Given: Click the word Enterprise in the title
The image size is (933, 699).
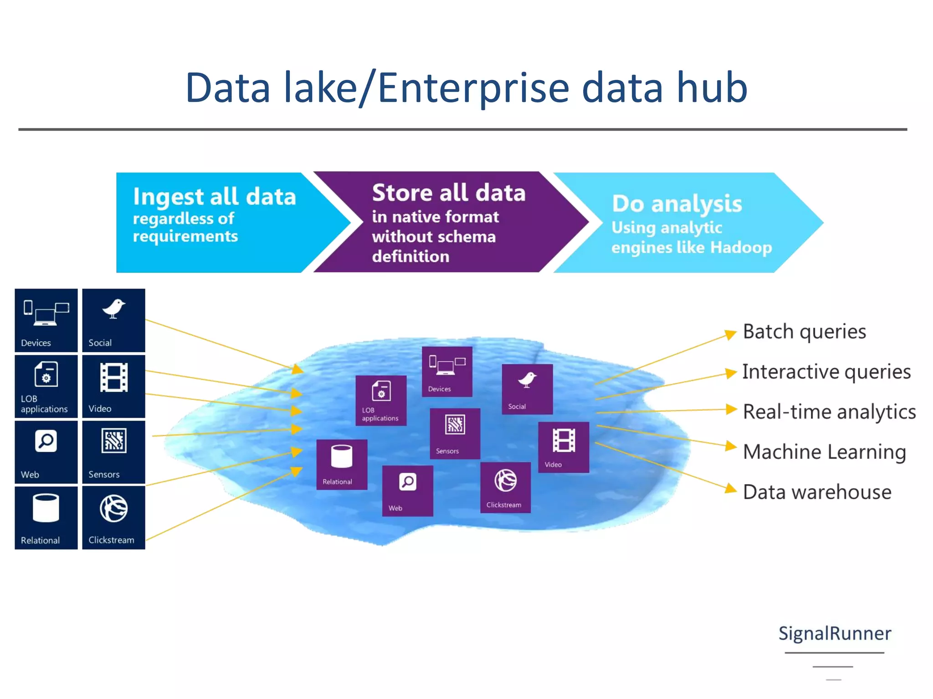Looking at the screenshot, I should click(474, 87).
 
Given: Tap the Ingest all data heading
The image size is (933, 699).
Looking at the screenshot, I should click(214, 197).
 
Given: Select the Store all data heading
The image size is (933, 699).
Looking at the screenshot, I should click(449, 192).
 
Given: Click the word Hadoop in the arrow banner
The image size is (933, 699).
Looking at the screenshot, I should click(741, 247).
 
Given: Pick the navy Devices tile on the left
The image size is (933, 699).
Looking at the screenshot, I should click(46, 320).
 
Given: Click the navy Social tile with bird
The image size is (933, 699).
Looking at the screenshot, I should click(113, 320).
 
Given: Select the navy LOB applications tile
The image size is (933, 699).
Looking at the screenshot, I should click(46, 386).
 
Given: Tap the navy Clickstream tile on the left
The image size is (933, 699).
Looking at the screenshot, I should click(113, 517).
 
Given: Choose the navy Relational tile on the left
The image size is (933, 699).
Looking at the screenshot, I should click(46, 517).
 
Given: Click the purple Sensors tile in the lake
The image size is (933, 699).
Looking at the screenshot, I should click(455, 433).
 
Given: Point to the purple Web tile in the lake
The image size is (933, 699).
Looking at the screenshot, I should click(407, 491).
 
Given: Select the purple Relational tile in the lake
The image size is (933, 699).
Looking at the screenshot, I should click(342, 464).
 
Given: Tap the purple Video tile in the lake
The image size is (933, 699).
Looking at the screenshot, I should click(564, 447).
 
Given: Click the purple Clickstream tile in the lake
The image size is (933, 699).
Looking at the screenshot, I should click(505, 487).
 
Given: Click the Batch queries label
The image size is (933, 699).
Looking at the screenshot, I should click(804, 331).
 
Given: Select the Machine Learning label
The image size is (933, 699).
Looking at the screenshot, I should click(824, 452).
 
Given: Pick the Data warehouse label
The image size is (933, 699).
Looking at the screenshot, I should click(817, 492).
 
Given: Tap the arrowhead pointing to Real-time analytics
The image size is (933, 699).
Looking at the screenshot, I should click(731, 409).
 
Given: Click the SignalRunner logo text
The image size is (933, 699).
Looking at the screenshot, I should click(835, 633).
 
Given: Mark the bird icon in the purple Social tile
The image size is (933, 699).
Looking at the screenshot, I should click(528, 380).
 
